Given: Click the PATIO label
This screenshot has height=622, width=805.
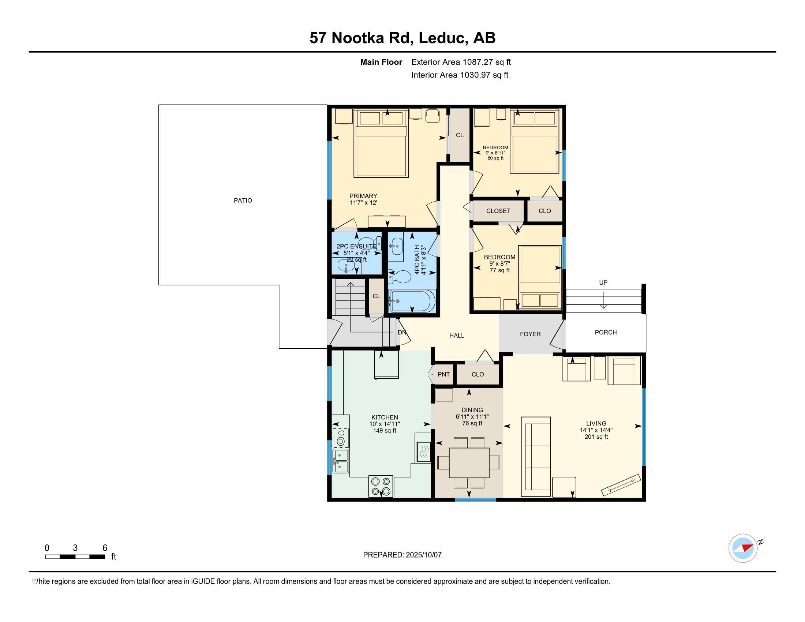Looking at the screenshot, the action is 243,201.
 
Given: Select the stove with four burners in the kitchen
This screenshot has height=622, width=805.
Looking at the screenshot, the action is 381,486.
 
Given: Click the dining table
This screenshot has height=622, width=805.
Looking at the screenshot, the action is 469,462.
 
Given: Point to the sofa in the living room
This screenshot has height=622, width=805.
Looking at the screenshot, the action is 536,457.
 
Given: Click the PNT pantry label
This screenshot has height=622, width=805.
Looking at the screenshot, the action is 444,374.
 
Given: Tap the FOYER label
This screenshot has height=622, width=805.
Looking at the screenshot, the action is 531,334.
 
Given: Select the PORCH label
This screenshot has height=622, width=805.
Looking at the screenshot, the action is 606,332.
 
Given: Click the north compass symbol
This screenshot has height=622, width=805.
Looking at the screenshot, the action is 743,548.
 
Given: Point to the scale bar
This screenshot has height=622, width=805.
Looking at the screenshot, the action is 75,557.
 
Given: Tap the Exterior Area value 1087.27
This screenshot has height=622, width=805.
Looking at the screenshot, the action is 478,62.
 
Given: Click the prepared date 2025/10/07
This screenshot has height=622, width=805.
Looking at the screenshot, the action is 423,555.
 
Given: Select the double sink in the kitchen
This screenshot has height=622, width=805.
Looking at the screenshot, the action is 341,461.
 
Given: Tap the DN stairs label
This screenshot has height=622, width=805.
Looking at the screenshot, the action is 402,332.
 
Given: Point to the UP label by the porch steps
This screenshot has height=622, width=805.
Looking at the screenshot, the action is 603,282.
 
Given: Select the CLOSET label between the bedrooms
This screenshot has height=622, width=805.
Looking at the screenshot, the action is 498,211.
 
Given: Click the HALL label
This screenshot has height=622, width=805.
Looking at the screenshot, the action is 457,336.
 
